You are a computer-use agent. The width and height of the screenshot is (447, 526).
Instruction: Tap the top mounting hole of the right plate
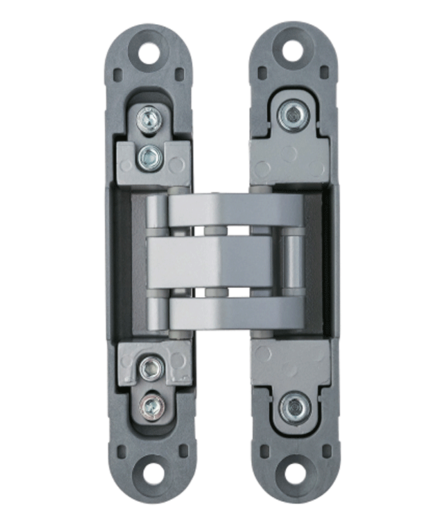tap(293, 50)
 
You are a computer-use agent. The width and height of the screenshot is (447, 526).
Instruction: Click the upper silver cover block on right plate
tap(288, 158)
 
